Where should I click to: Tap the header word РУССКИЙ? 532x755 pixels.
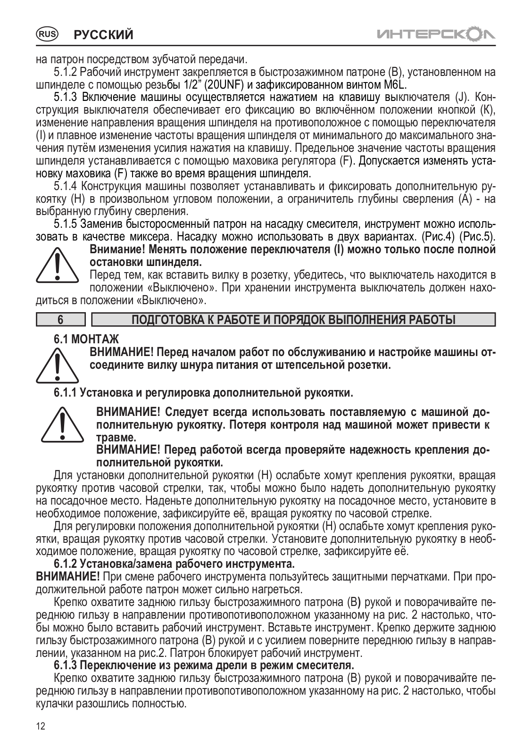pyautogui.click(x=104, y=34)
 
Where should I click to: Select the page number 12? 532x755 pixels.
pyautogui.click(x=41, y=739)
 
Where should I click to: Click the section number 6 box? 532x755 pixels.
pyautogui.click(x=60, y=320)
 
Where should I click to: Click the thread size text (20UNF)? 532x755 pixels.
pyautogui.click(x=222, y=85)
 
